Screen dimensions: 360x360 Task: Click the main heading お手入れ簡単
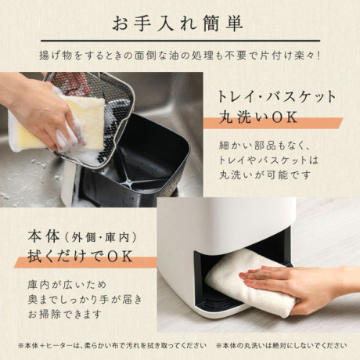178,23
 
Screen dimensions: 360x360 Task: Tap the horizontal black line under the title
180,41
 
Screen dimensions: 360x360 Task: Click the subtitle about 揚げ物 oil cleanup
180,56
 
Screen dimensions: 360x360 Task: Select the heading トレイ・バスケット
277,97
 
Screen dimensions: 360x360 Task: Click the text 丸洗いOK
258,117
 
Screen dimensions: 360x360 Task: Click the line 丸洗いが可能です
265,175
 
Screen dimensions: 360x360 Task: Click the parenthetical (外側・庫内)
100,238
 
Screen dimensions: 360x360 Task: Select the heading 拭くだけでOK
81,257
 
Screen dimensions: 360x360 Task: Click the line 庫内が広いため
67,284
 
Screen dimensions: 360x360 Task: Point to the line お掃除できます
65,314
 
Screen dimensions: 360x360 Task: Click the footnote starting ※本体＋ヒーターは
113,346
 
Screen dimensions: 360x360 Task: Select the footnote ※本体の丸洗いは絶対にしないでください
282,346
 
